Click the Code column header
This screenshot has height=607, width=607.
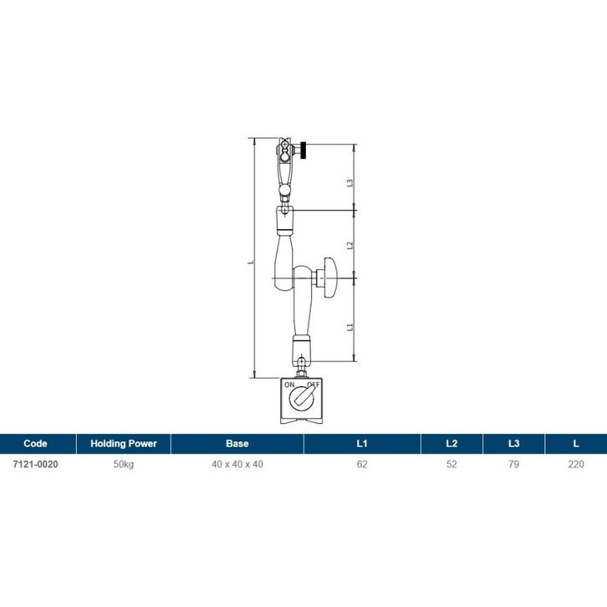point(35,443)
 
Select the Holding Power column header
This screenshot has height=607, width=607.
point(124,443)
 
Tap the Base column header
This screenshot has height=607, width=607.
point(237,443)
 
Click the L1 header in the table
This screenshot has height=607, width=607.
point(362,443)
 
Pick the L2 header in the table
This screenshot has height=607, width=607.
point(451,443)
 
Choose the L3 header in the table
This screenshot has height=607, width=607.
point(513,443)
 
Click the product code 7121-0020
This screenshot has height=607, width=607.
point(35,464)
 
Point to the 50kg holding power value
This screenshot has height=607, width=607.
point(124,465)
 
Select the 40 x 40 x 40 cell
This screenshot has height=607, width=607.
point(237,464)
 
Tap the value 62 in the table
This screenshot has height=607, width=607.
point(362,464)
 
